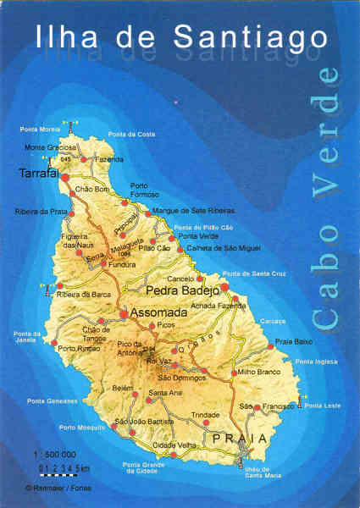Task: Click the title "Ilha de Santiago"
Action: tap(180, 36)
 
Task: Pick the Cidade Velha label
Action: tap(173, 445)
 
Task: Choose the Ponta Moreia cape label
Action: tap(41, 130)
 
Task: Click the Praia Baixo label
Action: tap(293, 340)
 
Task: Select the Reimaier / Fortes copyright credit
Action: tap(58, 488)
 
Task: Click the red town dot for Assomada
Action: tap(124, 314)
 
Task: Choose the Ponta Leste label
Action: tap(323, 406)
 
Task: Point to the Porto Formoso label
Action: tap(145, 190)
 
